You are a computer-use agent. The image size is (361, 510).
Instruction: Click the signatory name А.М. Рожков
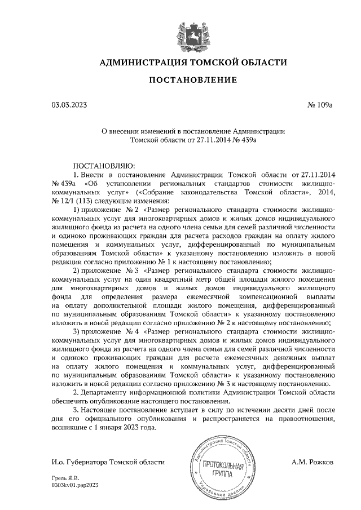pos(313,462)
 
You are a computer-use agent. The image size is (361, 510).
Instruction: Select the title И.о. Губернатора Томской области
pos(108,462)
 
